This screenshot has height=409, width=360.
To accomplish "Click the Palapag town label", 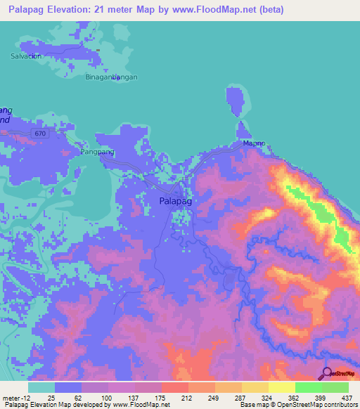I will pos(176,201).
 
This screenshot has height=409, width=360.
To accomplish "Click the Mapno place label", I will pos(254,143).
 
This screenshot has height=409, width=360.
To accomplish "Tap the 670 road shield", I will pos(42,133).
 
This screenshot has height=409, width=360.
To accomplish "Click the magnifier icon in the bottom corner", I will pos(326,375).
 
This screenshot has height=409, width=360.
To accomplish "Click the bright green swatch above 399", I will pos(309,387).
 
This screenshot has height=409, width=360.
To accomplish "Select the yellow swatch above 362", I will pos(282,387).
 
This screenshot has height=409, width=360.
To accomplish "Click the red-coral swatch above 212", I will pos(175,387).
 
